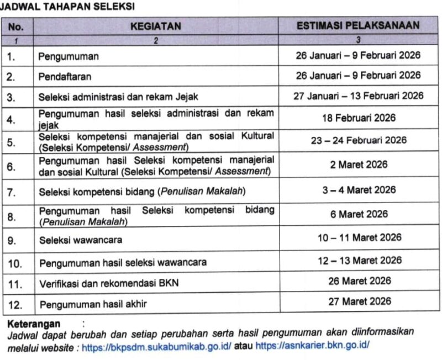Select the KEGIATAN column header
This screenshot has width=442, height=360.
coord(155,26)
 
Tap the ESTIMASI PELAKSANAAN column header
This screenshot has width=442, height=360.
coord(358,25)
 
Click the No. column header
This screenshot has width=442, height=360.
coord(17,26)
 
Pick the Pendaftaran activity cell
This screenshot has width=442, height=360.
coord(65,77)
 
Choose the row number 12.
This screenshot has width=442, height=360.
coord(15,304)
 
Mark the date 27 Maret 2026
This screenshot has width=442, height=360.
coord(359,301)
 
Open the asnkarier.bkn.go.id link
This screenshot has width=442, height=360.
coord(313,346)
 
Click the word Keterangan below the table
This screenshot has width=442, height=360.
coord(34,323)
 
